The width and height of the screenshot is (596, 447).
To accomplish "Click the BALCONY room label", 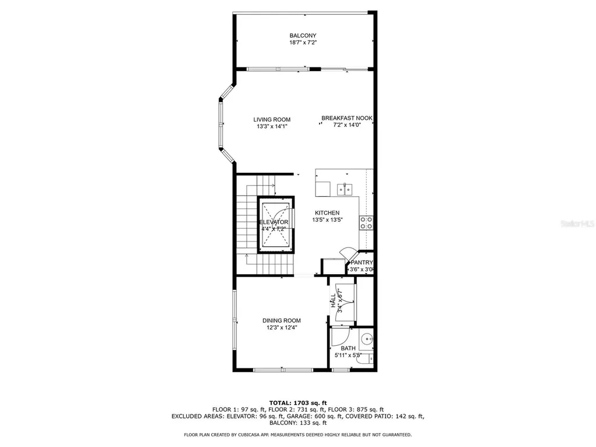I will [303, 36].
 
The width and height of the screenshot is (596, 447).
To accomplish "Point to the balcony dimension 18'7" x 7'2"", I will [303, 42].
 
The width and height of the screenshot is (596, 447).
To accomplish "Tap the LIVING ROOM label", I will [272, 120].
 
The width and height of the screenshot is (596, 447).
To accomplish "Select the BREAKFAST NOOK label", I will [347, 118].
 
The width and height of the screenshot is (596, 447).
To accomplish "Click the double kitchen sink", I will [345, 188].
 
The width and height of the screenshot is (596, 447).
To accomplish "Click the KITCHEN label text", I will [327, 213].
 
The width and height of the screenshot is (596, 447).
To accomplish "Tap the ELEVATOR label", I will [274, 222].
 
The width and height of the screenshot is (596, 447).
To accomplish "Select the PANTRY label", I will [361, 262].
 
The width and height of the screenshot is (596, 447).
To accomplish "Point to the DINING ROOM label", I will [281, 321].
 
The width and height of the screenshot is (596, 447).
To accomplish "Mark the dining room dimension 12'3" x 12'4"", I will [281, 328].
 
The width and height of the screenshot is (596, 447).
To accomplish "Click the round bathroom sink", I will [366, 339].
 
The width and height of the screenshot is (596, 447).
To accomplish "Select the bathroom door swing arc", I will [341, 336].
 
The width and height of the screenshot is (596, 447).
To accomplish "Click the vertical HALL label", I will [333, 301].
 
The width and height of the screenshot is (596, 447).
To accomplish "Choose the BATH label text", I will [348, 349].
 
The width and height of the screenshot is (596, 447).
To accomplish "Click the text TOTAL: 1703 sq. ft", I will [297, 403].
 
